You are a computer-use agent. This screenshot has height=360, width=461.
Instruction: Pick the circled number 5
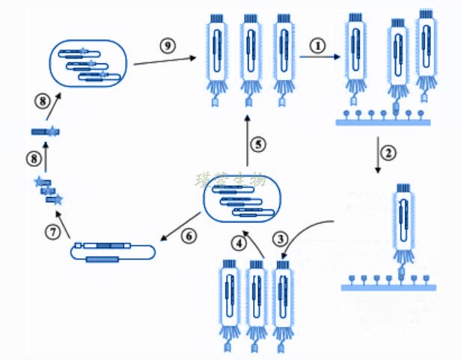pyautogui.click(x=257, y=144)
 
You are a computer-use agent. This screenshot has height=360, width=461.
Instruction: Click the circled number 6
pyautogui.click(x=188, y=235)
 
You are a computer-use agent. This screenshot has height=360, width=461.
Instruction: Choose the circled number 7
pyautogui.click(x=52, y=232)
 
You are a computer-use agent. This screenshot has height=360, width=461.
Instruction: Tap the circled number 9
pyautogui.click(x=168, y=45)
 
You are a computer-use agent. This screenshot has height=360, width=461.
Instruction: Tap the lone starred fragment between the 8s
pyautogui.click(x=45, y=132)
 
